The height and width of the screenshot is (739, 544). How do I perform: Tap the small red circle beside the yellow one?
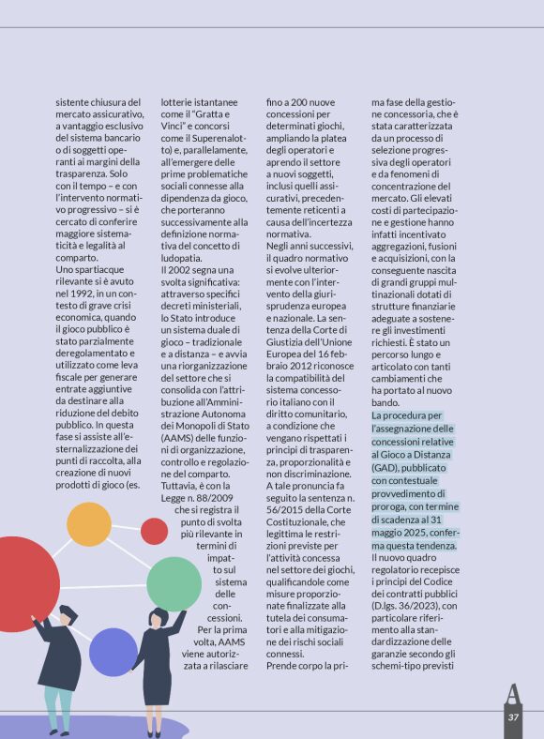click(x=155, y=531)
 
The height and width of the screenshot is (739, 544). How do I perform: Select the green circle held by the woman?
click(x=174, y=583)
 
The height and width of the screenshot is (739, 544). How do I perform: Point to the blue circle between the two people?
click(x=113, y=652)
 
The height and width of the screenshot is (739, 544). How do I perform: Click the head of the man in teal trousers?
click(x=68, y=614)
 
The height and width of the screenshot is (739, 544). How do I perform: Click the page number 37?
click(x=513, y=717)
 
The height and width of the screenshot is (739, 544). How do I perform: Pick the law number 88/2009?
click(x=216, y=497)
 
